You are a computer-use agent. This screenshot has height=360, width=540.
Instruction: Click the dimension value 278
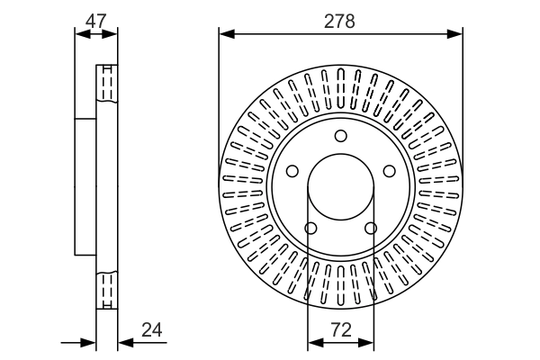pos(341,18)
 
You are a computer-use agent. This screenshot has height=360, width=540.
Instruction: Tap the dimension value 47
pos(96,18)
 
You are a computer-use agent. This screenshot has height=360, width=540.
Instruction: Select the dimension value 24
pos(153,329)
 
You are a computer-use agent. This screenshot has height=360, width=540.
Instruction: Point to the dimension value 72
pos(341,329)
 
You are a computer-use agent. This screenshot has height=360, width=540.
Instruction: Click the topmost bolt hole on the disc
pos(340,136)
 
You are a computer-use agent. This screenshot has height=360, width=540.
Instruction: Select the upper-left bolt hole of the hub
pos(292,171)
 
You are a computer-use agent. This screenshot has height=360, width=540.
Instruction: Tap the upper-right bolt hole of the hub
pos(389,171)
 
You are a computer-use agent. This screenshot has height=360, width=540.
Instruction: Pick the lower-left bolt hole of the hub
pos(310,228)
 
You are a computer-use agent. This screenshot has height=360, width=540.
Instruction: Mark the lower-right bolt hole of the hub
pos(371,228)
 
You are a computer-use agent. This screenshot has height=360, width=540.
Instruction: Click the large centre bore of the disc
pos(341,189)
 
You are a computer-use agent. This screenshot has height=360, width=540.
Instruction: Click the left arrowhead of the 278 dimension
pos(225,34)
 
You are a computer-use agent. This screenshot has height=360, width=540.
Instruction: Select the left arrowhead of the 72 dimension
pos(314,342)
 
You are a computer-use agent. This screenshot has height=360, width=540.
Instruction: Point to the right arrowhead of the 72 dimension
pos(367,342)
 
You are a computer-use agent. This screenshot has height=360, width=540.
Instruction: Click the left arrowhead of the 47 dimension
pos(81,34)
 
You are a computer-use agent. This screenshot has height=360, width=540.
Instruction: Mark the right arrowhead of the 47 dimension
pos(112,34)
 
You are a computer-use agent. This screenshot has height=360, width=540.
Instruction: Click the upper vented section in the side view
pos(106,86)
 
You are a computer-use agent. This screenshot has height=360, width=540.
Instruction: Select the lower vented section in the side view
pos(106,290)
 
